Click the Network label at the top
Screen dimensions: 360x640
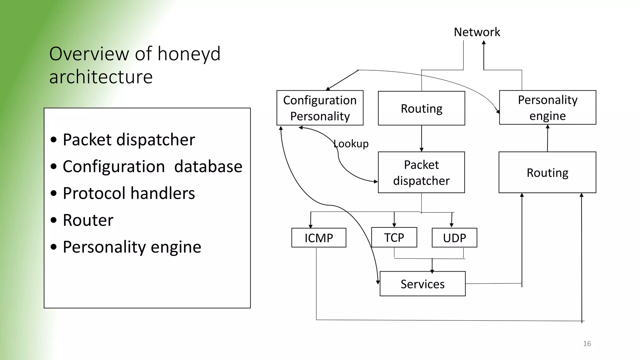click(x=477, y=32)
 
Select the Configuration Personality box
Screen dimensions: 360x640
click(x=320, y=108)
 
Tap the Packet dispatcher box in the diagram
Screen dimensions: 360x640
click(x=421, y=172)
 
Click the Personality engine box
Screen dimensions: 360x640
click(x=547, y=108)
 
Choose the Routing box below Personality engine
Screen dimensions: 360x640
click(x=547, y=172)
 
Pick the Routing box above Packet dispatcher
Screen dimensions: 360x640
click(x=421, y=108)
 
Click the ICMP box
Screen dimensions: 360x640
click(x=319, y=238)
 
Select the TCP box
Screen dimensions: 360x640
click(x=394, y=237)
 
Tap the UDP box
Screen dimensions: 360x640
click(x=454, y=238)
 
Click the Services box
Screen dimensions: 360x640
click(x=422, y=284)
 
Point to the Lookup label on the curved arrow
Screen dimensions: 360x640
click(x=351, y=144)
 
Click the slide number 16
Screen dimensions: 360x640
click(x=587, y=344)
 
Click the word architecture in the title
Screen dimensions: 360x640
click(x=101, y=77)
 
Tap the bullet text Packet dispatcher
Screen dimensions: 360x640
click(x=129, y=139)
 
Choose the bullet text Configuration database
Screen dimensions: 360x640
click(x=152, y=166)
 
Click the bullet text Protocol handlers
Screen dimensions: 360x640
click(x=129, y=193)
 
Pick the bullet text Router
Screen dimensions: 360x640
click(x=88, y=220)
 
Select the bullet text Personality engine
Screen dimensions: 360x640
click(x=132, y=247)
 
